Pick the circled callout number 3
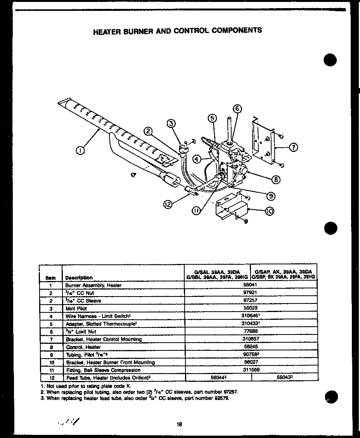(171, 124)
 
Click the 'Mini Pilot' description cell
(76, 308)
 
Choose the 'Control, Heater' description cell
(83, 347)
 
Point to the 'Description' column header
(79, 278)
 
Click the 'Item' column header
(50, 278)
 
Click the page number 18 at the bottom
(179, 424)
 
